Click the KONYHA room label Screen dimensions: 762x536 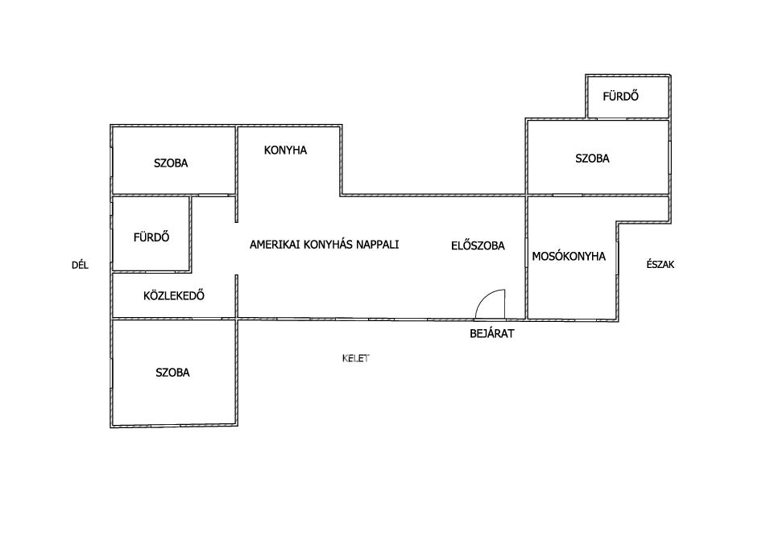[x=285, y=150]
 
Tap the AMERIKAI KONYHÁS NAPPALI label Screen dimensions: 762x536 [x=324, y=244]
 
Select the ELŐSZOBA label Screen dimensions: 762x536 [x=478, y=245]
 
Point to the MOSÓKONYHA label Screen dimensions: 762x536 [x=569, y=256]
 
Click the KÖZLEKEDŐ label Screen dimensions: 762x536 [x=173, y=295]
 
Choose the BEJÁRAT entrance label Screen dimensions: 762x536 [x=492, y=333]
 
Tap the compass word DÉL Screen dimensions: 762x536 [x=81, y=265]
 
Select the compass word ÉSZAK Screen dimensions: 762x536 [x=661, y=264]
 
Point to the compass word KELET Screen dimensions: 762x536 [x=356, y=358]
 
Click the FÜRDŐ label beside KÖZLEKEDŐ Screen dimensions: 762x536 [x=151, y=237]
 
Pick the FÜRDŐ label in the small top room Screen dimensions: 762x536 [x=620, y=96]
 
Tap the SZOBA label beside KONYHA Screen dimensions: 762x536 [x=171, y=163]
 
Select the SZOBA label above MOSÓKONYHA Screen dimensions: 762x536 [x=592, y=159]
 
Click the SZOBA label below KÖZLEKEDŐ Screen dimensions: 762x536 [x=172, y=373]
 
